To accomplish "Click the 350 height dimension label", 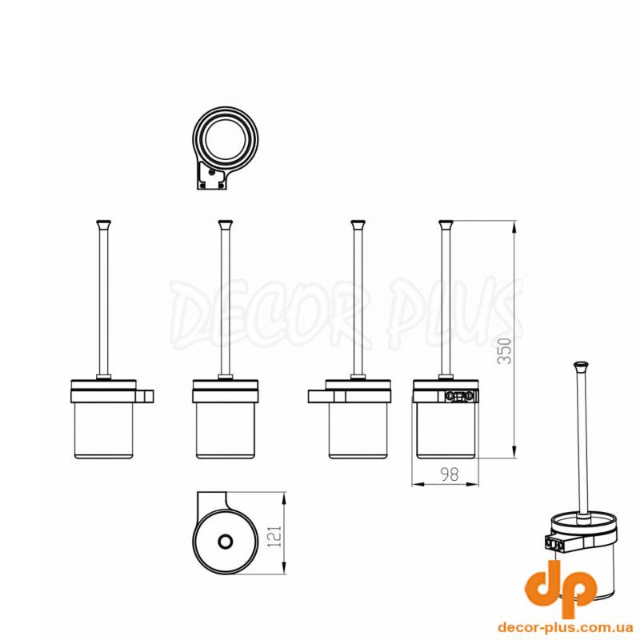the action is click(506, 350).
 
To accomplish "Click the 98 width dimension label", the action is click(450, 474).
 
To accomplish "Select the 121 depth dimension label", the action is click(275, 536).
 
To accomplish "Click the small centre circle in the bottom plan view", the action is click(225, 542).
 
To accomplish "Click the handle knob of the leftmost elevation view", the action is click(104, 224).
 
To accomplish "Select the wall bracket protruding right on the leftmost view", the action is click(144, 396).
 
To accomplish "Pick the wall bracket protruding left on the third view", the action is click(322, 396).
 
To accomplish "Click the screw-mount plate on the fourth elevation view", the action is click(461, 395).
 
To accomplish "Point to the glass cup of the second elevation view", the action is click(226, 430).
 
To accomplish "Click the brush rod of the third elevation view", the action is click(358, 302).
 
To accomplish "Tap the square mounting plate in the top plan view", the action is click(210, 175).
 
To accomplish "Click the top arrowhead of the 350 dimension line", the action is click(514, 225).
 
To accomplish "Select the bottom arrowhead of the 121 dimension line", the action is click(284, 570).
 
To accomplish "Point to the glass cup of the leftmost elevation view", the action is click(104, 430).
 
